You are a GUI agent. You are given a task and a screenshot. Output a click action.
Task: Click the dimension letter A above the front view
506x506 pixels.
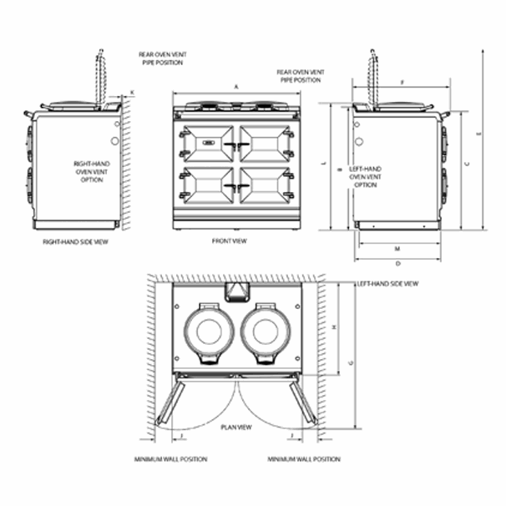pos(237,87)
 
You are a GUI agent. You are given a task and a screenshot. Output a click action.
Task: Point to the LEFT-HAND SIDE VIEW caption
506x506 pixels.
pos(387,284)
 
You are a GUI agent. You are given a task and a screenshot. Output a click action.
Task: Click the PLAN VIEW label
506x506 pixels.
pos(236,427)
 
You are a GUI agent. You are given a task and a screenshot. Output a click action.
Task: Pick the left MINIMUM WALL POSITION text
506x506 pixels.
pos(170,459)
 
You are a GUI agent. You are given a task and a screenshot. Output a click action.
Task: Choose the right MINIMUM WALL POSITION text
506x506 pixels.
pos(303,459)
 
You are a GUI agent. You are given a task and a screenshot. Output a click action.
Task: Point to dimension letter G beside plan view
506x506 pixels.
pos(351,362)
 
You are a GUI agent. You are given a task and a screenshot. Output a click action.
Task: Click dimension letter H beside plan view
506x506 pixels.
pos(333,327)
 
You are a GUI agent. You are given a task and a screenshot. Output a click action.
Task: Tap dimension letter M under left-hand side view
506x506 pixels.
pos(397,249)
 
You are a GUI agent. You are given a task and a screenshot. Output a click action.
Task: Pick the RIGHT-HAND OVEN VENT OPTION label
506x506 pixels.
pos(88,171)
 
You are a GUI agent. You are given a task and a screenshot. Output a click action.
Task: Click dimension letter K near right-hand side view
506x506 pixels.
pos(131,92)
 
